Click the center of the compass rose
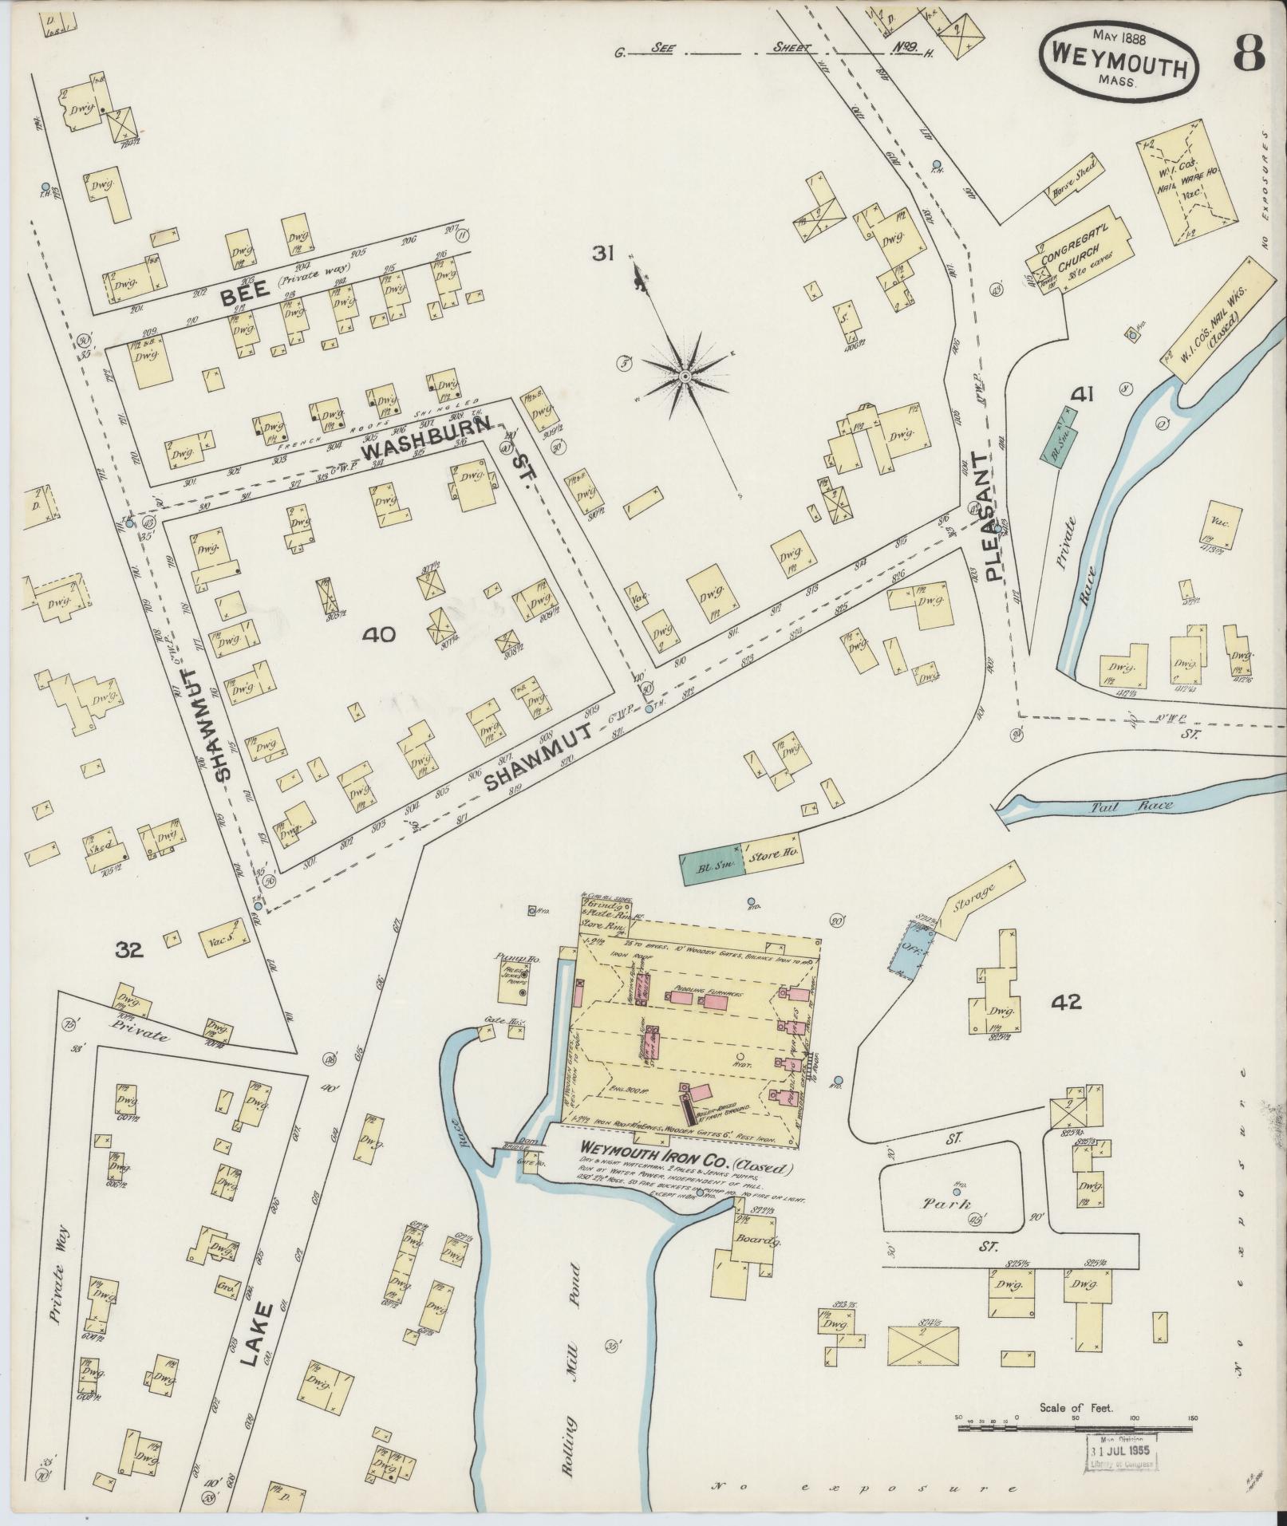point(685,375)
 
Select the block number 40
point(378,635)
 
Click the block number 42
point(1066,1002)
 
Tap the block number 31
point(602,253)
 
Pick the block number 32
point(128,950)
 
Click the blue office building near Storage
point(905,950)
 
